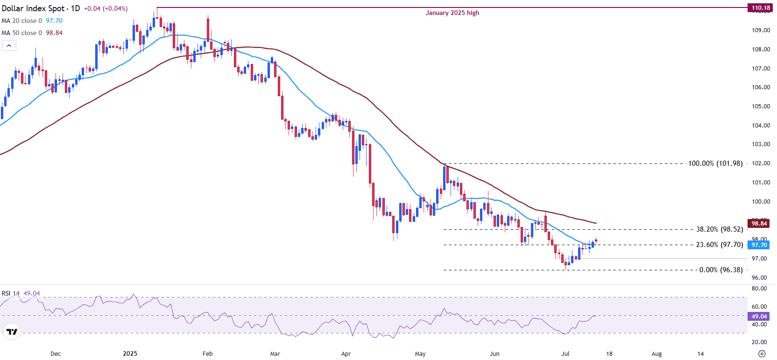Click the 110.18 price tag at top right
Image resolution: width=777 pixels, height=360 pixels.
pos(761,7)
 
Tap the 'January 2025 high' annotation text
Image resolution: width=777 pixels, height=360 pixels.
pos(452,13)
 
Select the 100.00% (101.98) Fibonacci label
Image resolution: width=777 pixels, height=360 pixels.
pos(715,163)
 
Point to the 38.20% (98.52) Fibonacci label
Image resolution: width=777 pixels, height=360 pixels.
pos(719,229)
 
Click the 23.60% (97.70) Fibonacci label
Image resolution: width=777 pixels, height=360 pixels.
pos(719,245)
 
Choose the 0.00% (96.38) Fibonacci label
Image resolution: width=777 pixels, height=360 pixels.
pos(720,270)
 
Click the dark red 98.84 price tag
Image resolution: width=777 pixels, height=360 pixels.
pos(759,224)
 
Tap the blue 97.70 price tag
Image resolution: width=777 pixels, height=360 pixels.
pos(759,245)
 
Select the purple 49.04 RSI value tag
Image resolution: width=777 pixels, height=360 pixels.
pos(759,317)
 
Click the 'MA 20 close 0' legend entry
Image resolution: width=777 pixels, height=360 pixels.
pos(22,21)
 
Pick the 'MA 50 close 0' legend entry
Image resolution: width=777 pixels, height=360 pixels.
pos(22,33)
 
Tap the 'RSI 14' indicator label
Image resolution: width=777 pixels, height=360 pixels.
pos(11,294)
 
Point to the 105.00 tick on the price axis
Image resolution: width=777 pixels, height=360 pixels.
pos(761,106)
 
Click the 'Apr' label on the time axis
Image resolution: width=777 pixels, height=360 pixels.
pos(346,354)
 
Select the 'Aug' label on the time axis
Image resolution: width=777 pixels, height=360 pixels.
pos(657,354)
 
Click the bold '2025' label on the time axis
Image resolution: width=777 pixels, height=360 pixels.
pos(130,354)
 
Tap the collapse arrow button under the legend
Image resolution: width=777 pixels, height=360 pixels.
pos(9,46)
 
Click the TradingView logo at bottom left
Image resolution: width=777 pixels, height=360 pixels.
pos(12,332)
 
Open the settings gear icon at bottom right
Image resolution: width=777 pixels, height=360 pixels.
pos(762,353)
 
